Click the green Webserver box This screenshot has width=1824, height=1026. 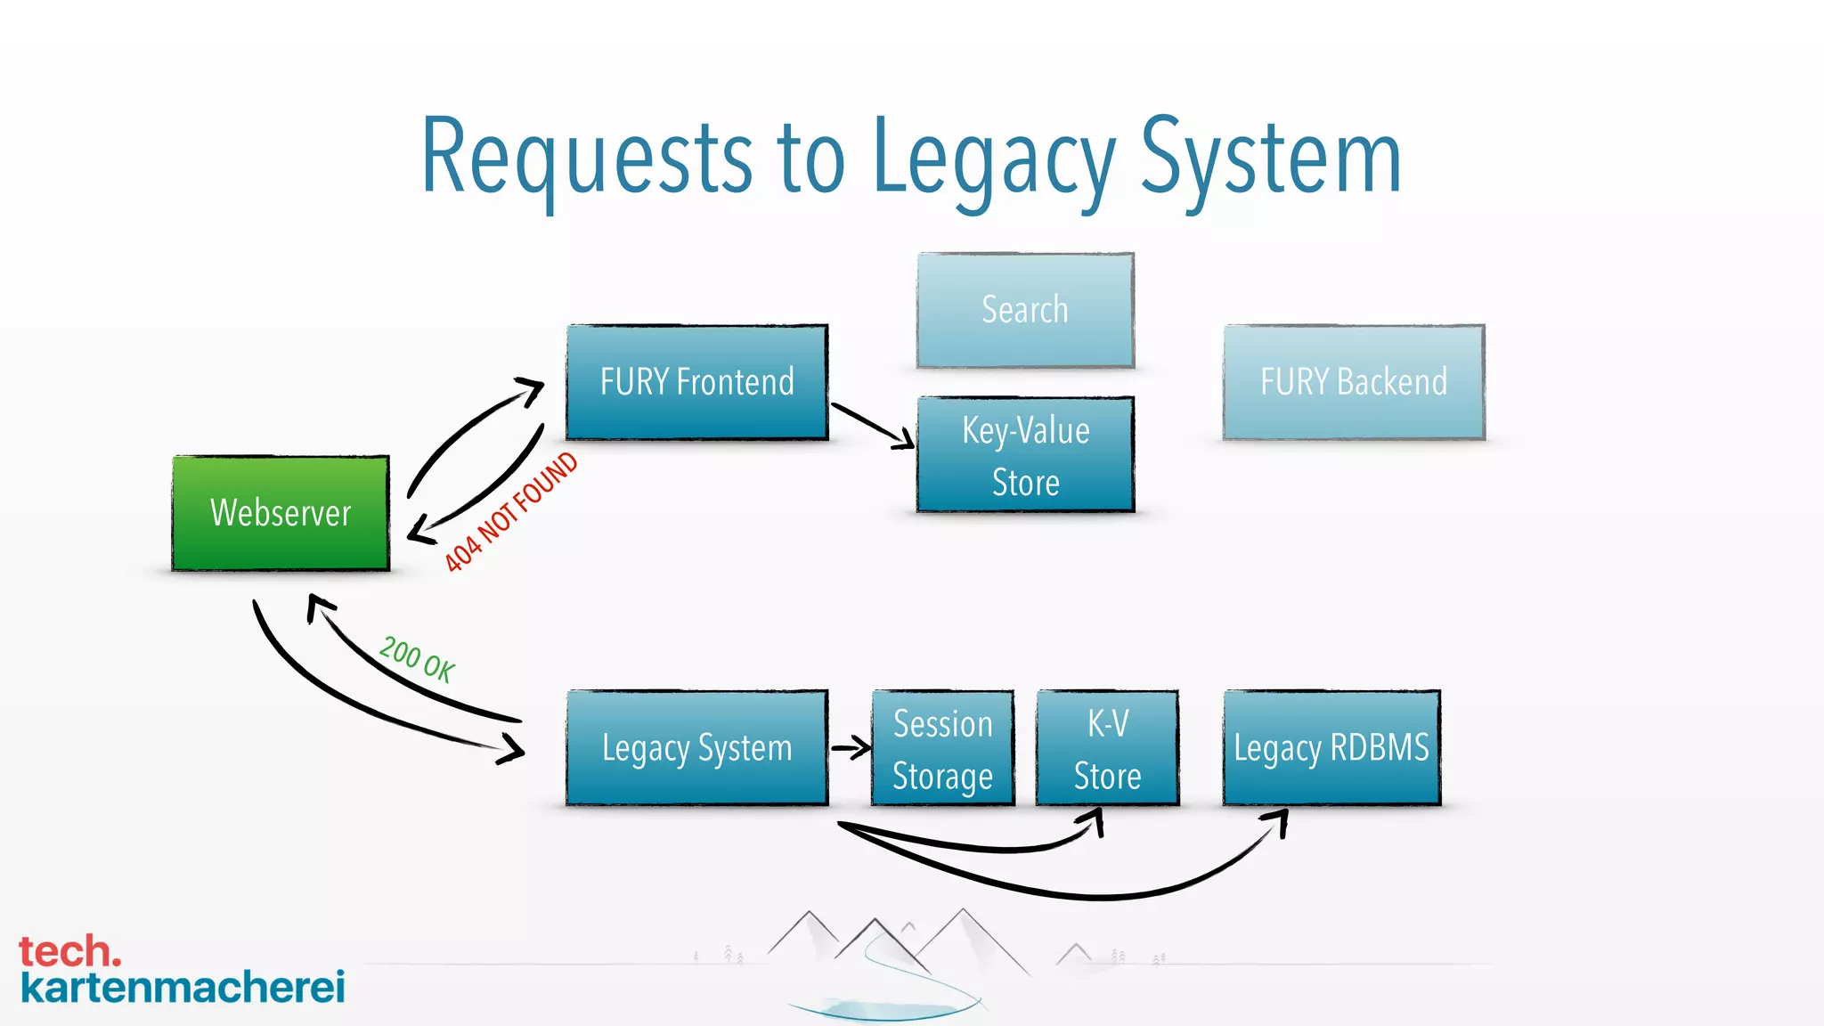click(x=281, y=513)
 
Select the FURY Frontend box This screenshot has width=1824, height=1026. click(x=696, y=382)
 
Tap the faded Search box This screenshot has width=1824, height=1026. click(x=1025, y=310)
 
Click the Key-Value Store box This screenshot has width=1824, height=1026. click(x=1025, y=455)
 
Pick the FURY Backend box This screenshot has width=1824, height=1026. click(x=1353, y=382)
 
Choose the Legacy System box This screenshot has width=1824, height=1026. click(x=696, y=748)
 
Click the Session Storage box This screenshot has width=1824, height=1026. click(x=942, y=749)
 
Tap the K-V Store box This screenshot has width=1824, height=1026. click(x=1107, y=749)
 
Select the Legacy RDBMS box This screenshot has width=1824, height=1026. click(x=1331, y=748)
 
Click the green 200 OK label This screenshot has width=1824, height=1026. click(x=417, y=659)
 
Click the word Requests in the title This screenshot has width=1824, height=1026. click(x=588, y=159)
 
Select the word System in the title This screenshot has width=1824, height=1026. click(x=1271, y=159)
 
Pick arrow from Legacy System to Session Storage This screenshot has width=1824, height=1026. click(x=851, y=748)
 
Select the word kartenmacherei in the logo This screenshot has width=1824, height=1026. click(x=183, y=988)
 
